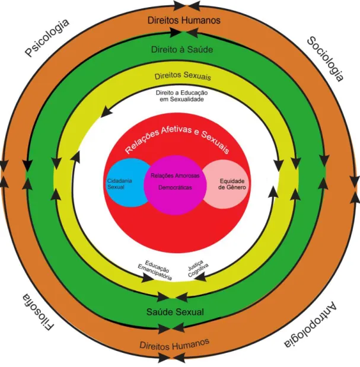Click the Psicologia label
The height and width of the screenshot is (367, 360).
(47, 37)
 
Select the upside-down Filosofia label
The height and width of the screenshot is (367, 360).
(39, 312)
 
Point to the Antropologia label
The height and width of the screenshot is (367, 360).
(311, 325)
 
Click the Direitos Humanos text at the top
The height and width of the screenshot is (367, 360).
(184, 20)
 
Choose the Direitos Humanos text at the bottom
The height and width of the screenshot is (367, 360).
(174, 344)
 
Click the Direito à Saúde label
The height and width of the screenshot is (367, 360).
(182, 49)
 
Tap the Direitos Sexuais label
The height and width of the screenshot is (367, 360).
(183, 76)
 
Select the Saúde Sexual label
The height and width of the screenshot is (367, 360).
(175, 312)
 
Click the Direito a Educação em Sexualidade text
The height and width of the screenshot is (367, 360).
(182, 96)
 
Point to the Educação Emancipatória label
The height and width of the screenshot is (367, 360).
(155, 270)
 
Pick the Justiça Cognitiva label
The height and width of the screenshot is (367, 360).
(198, 268)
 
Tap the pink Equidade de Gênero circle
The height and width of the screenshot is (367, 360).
(226, 184)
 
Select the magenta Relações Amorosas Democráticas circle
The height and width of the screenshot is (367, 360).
(175, 185)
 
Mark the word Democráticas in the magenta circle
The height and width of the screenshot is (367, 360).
(175, 187)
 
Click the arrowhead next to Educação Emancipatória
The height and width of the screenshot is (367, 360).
(148, 278)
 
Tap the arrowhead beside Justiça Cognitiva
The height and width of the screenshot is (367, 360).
(200, 277)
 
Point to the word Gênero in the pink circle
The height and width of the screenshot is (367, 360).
(236, 187)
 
